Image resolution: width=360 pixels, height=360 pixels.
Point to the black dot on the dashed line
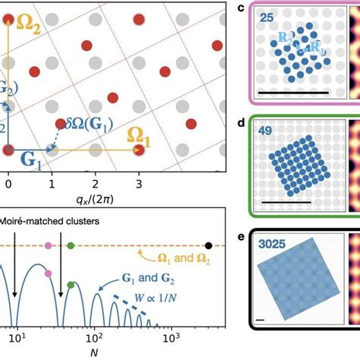(208, 246)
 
